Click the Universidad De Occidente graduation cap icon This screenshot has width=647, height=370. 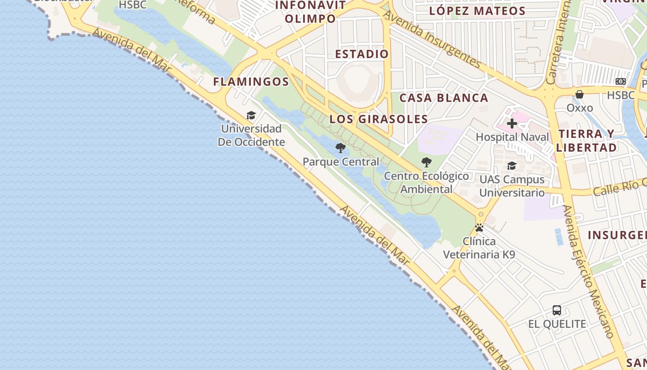251,115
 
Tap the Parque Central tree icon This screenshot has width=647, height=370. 341,148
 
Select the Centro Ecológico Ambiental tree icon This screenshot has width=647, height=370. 426,162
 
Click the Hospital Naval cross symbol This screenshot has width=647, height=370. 512,123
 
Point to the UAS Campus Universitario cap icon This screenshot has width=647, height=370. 512,166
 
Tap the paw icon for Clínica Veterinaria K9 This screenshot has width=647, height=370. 479,228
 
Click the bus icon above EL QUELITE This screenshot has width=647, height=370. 557,310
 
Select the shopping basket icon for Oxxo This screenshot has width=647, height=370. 580,94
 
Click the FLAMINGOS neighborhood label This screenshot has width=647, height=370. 251,82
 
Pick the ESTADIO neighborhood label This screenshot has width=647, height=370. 362,54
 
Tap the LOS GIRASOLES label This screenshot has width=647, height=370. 378,119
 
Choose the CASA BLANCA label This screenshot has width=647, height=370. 444,98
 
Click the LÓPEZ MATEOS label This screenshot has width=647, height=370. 477,11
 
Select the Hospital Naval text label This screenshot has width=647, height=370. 513,137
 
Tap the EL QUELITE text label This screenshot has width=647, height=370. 557,324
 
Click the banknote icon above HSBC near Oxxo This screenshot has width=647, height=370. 621,81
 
